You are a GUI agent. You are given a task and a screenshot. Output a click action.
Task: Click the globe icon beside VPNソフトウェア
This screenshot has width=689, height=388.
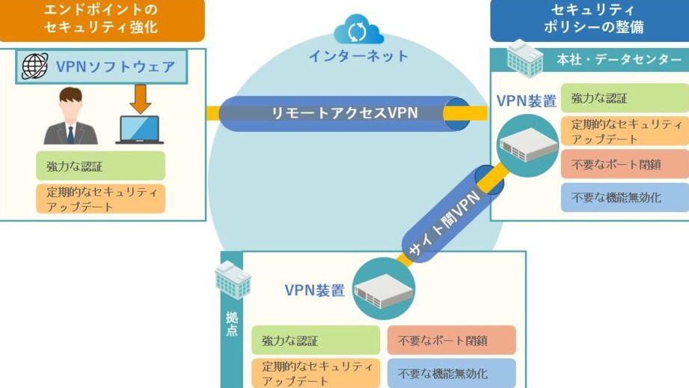34,66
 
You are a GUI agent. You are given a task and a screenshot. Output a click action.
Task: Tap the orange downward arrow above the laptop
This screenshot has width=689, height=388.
140,100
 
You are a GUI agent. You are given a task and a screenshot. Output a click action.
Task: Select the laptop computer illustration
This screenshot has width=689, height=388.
140,130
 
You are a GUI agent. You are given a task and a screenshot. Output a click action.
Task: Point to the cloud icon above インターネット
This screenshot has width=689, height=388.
358,29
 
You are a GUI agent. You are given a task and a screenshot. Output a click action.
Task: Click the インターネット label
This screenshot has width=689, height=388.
358,56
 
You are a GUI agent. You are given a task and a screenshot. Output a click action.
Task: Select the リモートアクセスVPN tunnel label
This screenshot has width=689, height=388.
344,113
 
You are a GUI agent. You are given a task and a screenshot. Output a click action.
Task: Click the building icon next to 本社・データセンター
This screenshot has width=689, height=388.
524,59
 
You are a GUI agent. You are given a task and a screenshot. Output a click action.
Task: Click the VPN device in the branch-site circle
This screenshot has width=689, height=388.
384,291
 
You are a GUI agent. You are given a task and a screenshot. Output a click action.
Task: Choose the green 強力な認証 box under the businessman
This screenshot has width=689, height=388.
101,166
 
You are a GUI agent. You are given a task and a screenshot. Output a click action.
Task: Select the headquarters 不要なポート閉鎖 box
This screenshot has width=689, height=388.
625,164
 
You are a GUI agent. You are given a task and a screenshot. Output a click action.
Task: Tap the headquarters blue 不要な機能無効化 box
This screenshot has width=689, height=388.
625,197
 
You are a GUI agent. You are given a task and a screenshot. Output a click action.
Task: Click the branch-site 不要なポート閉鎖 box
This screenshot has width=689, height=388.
451,340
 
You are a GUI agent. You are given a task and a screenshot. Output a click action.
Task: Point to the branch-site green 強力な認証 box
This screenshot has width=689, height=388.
316,340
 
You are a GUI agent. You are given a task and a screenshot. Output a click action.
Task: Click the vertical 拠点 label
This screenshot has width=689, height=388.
232,324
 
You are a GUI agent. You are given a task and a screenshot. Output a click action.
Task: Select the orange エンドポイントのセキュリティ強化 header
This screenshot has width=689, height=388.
102,19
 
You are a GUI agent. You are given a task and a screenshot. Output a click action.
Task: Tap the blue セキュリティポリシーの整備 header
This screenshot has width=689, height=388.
590,19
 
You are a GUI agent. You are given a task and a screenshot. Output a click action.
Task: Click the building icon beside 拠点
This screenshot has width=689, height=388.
233,280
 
